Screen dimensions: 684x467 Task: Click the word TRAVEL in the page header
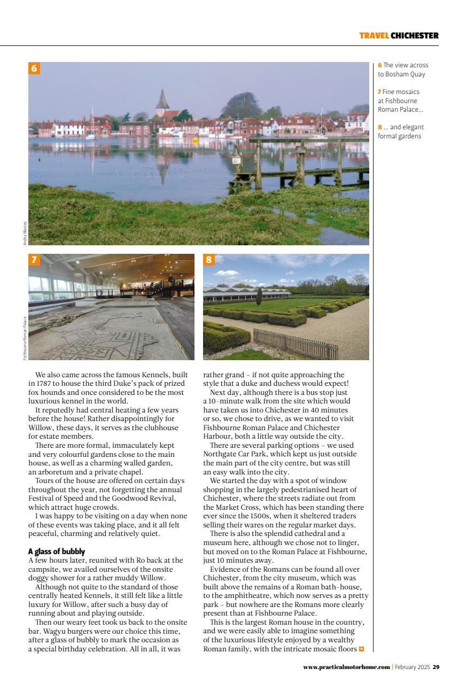(373, 36)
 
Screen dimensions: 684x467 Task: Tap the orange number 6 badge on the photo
(34, 68)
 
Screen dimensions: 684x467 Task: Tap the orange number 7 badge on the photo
(34, 260)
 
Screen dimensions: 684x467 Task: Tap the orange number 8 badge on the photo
(209, 260)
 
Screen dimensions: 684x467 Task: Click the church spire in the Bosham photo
(162, 100)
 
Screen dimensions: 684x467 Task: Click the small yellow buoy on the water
(196, 140)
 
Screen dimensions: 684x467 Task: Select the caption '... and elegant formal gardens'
(400, 131)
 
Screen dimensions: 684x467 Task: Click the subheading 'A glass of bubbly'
(57, 551)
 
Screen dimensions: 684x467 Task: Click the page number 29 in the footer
(436, 667)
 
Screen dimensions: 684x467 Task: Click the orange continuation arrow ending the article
(362, 649)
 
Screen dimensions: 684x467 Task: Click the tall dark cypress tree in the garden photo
(259, 297)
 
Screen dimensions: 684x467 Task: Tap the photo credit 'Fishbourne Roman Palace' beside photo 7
(25, 338)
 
